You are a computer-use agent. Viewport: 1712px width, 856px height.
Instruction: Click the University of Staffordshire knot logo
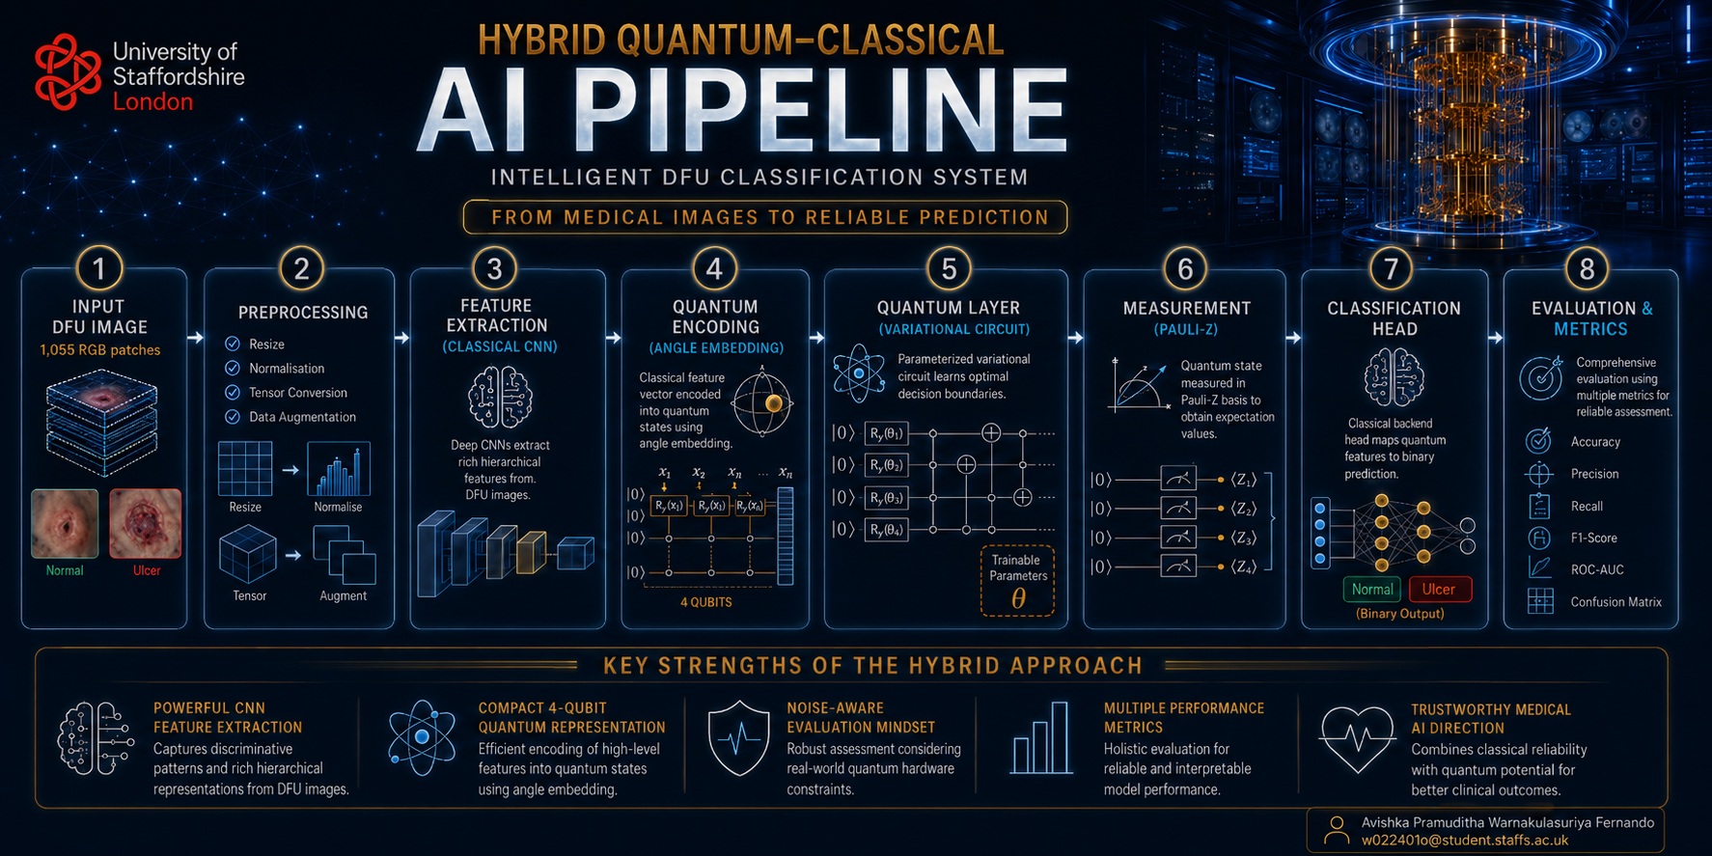click(67, 71)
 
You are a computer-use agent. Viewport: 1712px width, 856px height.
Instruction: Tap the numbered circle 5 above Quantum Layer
click(949, 269)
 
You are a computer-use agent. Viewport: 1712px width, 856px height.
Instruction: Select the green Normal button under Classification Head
click(1371, 589)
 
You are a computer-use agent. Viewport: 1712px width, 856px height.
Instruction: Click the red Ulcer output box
click(1439, 589)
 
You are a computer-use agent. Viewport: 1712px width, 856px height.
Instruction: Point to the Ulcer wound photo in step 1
click(146, 523)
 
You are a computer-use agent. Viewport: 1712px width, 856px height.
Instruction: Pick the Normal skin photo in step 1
click(65, 523)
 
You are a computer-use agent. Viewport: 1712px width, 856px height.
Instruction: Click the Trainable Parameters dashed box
click(1017, 581)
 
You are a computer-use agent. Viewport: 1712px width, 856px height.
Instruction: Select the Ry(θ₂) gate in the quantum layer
click(886, 466)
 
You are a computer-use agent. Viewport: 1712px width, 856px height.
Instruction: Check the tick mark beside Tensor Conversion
click(233, 393)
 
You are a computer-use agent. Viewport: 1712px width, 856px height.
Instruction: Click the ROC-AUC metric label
click(1597, 569)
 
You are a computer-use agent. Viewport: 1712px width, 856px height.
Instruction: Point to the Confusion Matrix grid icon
click(1540, 601)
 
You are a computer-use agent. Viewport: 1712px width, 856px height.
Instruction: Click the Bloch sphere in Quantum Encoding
click(762, 402)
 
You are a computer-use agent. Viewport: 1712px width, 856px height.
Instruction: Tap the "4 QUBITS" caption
click(705, 602)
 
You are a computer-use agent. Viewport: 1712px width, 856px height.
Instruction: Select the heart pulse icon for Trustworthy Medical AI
click(1358, 739)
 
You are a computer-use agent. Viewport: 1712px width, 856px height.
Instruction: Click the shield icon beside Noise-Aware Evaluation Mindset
click(739, 739)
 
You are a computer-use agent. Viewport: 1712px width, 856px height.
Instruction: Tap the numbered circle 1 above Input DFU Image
click(98, 269)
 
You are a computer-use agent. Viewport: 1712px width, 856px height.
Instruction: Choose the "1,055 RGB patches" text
click(100, 350)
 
